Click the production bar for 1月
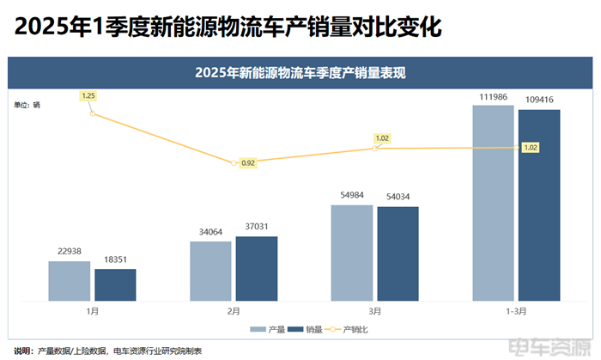pos(69,281)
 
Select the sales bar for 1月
pos(115,284)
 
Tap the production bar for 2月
pos(210,271)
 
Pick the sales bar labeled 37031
pos(257,268)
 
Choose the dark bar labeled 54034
pos(398,253)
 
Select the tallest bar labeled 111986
pos(493,203)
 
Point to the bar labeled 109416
pos(539,204)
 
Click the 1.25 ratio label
pos(88,96)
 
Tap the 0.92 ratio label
pos(248,162)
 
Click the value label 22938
pos(69,251)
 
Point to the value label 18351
pos(115,259)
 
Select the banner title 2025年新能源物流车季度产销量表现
pos(300,73)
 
